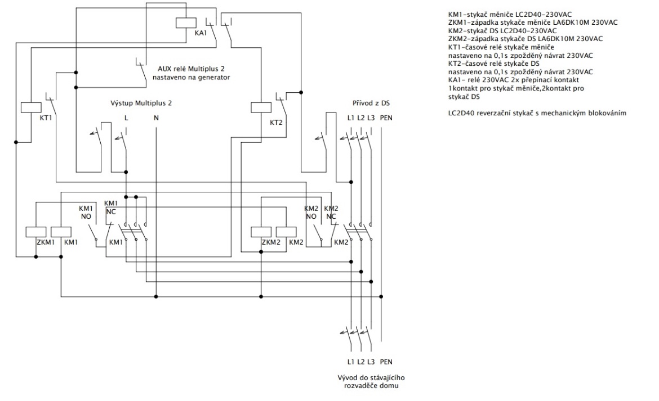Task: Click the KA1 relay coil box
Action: [185, 22]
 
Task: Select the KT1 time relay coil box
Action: [29, 107]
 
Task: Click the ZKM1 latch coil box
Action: [35, 231]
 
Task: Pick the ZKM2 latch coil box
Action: [260, 231]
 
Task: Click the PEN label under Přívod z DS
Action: [386, 118]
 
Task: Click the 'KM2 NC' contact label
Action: [332, 211]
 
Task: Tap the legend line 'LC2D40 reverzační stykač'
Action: [537, 114]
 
